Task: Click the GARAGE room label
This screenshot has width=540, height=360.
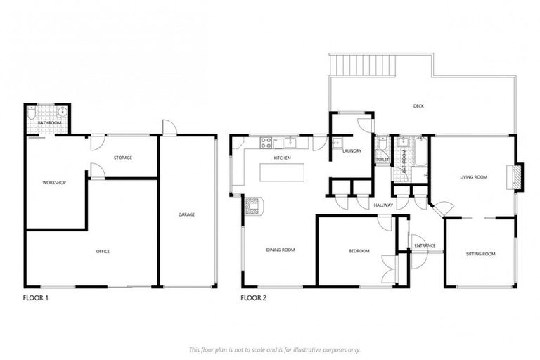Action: (x=186, y=214)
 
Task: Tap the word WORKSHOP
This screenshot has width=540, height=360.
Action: (x=54, y=183)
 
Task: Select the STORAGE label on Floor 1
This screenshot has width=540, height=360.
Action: (x=122, y=157)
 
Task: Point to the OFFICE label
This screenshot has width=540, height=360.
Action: (x=103, y=251)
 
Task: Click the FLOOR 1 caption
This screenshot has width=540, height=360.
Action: (x=36, y=298)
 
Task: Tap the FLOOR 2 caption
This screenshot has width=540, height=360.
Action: (x=254, y=298)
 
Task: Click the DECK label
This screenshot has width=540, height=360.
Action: (x=419, y=106)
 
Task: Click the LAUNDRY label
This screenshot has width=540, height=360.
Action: (x=352, y=150)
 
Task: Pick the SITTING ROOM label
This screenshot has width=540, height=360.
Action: (x=481, y=253)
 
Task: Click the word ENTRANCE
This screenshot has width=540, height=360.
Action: (x=425, y=245)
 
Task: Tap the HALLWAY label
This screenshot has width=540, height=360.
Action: (x=383, y=205)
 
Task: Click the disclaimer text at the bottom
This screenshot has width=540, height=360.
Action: (x=274, y=349)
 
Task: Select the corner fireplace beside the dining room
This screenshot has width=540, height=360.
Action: (x=253, y=205)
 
